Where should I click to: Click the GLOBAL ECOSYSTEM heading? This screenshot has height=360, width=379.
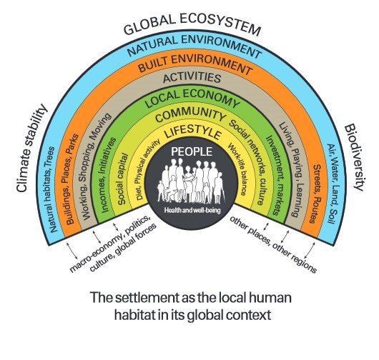(192, 24)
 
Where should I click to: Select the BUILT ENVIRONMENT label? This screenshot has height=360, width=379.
(195, 64)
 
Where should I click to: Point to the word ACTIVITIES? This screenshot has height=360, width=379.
(192, 78)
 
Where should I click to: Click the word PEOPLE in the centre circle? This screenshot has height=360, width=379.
(192, 151)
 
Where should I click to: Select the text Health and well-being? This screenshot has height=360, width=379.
(192, 210)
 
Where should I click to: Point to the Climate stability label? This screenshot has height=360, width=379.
(31, 148)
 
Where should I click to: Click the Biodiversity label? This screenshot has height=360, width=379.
(354, 157)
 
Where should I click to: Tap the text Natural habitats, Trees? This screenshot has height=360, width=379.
(52, 189)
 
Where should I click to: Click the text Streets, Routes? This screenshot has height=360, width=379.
(316, 194)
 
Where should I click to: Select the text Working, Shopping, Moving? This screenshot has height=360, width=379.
(97, 166)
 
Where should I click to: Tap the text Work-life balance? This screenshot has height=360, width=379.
(237, 169)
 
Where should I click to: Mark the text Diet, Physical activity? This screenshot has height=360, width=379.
(148, 169)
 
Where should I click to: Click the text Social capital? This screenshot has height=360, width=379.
(122, 179)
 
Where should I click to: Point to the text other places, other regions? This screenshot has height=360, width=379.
(273, 244)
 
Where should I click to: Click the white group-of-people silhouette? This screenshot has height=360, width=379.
(192, 181)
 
